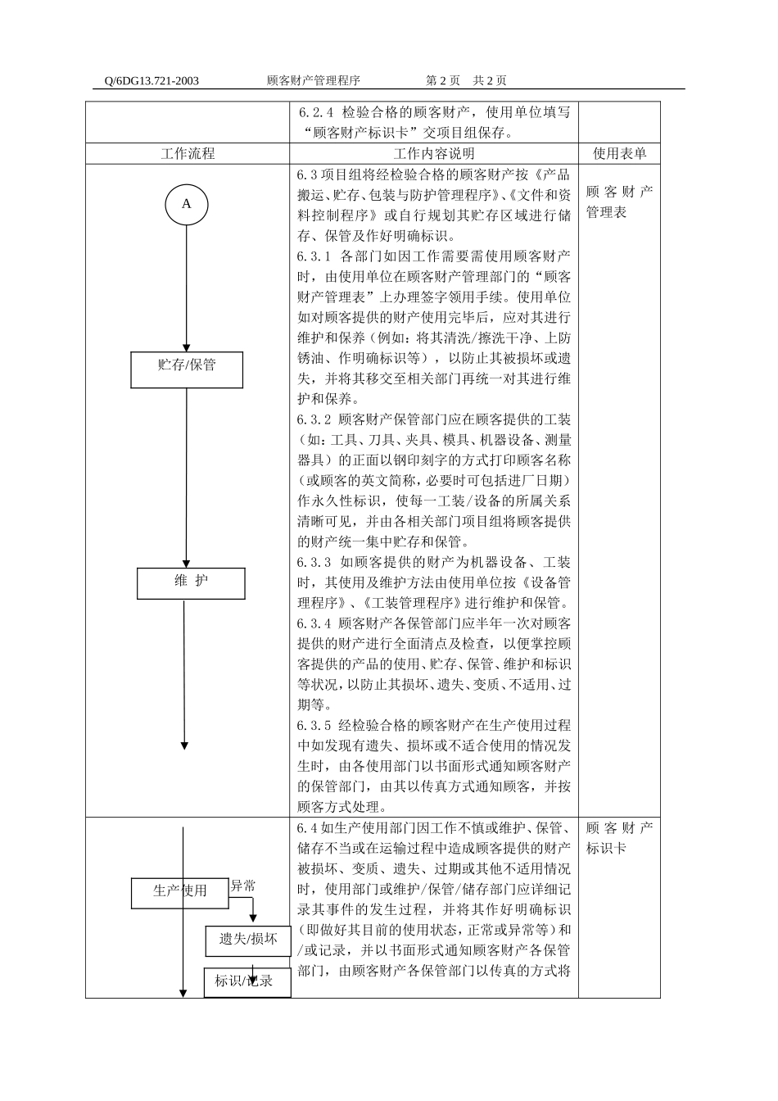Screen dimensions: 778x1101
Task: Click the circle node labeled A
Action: point(186,204)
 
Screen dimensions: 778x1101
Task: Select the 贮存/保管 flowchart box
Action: point(187,369)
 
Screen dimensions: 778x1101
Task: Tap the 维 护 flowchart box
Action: point(191,583)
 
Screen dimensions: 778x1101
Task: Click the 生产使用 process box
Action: point(180,892)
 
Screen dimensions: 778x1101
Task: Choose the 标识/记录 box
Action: point(247,981)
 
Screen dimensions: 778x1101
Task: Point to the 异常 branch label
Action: point(242,886)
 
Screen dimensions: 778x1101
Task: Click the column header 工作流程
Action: point(188,153)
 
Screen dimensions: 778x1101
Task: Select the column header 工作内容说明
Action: point(433,153)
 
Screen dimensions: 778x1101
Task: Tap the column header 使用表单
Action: point(619,153)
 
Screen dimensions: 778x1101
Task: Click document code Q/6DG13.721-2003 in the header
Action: point(152,80)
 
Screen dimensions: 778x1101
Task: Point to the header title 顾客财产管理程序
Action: point(314,80)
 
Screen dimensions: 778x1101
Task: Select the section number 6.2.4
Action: point(316,111)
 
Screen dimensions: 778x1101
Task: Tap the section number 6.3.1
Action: point(314,256)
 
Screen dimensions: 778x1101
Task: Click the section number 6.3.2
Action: point(314,419)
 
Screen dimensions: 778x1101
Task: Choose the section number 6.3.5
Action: point(314,725)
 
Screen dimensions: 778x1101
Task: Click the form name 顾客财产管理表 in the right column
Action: point(619,202)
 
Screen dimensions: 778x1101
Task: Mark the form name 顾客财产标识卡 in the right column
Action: point(619,837)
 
